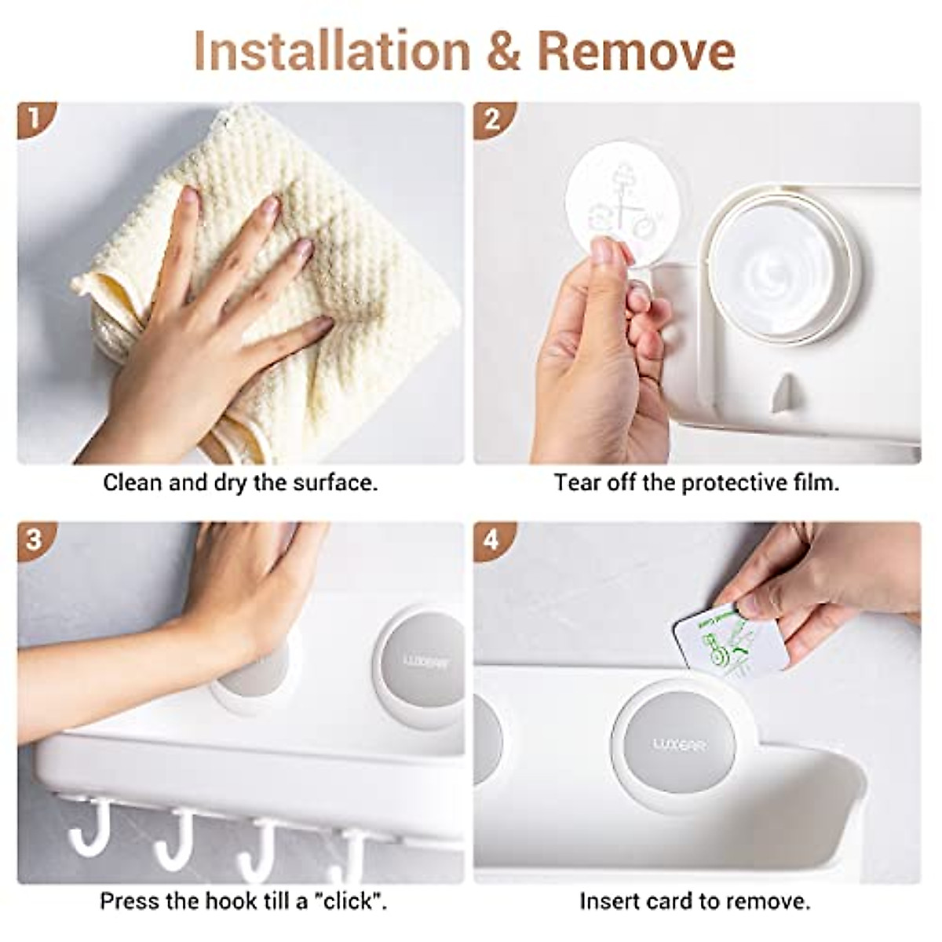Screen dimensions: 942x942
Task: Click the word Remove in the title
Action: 636,51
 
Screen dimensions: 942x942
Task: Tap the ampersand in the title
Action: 502,52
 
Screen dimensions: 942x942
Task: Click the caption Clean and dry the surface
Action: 240,482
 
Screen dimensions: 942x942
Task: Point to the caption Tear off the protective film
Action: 696,482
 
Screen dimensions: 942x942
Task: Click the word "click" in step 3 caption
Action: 351,900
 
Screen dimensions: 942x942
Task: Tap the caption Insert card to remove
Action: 695,900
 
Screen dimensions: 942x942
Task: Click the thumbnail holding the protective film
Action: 605,252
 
